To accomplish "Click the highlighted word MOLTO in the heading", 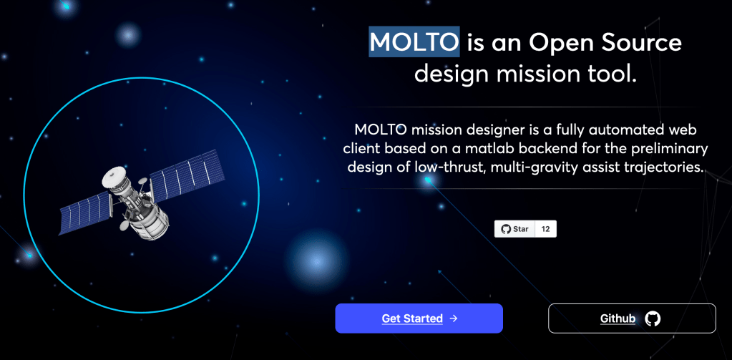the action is pos(414,42).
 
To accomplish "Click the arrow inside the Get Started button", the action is pos(453,318).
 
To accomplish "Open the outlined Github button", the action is pos(632,318).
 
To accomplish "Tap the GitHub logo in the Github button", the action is pos(653,318).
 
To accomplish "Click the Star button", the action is pos(514,229).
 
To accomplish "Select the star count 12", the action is pos(545,229).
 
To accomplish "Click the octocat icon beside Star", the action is pos(506,229).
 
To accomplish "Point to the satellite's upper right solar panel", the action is pos(187,175).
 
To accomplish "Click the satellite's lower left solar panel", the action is pos(85,213).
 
